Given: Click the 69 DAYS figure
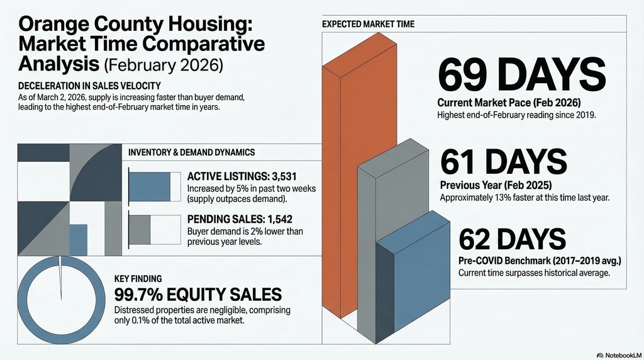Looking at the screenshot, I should [521, 75].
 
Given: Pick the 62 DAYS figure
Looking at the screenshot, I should [512, 240].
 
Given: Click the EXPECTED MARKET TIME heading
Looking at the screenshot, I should [368, 25].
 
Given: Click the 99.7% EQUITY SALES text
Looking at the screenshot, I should [197, 294].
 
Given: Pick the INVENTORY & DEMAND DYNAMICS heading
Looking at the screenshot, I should [191, 153].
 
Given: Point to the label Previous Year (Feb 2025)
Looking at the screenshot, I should [496, 186].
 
